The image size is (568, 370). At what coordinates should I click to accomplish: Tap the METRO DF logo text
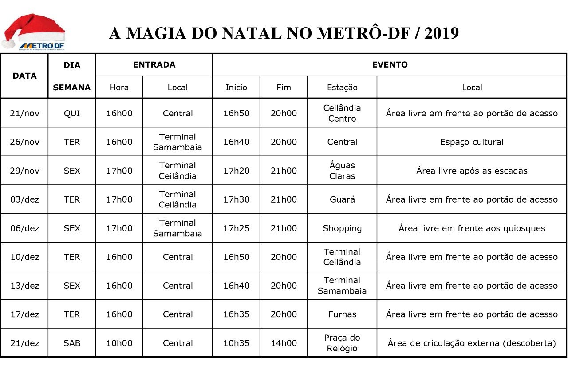pyautogui.click(x=42, y=45)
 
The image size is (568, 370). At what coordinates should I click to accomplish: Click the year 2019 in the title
pyautogui.click(x=441, y=33)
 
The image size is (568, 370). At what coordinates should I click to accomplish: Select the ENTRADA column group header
pyautogui.click(x=154, y=65)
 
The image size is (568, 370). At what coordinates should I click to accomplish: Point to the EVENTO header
pyautogui.click(x=390, y=65)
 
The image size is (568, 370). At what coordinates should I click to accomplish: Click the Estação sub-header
pyautogui.click(x=342, y=88)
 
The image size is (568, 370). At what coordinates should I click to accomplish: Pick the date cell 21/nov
pyautogui.click(x=24, y=113)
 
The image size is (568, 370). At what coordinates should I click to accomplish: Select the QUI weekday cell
pyautogui.click(x=72, y=113)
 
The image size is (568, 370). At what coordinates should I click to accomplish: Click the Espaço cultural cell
pyautogui.click(x=472, y=142)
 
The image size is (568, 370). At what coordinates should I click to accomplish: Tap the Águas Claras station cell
pyautogui.click(x=342, y=171)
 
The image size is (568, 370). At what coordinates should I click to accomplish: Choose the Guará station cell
pyautogui.click(x=342, y=199)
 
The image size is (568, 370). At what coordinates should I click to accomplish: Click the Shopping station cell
pyautogui.click(x=342, y=228)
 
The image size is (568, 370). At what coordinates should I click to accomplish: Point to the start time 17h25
pyautogui.click(x=236, y=228)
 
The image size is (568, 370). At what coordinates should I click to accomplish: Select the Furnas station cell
pyautogui.click(x=342, y=314)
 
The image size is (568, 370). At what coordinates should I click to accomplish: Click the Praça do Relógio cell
pyautogui.click(x=342, y=343)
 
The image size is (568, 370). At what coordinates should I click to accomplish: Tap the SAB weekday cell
pyautogui.click(x=72, y=343)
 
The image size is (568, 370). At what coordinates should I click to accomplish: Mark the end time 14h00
pyautogui.click(x=284, y=343)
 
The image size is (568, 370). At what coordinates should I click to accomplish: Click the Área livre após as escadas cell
pyautogui.click(x=472, y=171)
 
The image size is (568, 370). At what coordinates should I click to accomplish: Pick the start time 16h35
pyautogui.click(x=236, y=314)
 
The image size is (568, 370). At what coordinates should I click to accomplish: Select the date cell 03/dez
pyautogui.click(x=24, y=199)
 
